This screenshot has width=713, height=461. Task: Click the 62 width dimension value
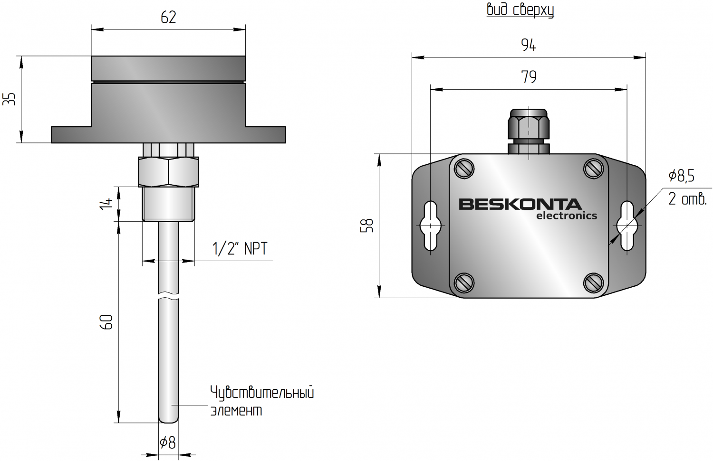pyautogui.click(x=168, y=18)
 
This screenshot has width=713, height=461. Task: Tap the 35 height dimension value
pyautogui.click(x=10, y=99)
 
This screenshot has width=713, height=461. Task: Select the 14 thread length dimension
pyautogui.click(x=108, y=203)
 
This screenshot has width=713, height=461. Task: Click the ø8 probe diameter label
pyautogui.click(x=168, y=443)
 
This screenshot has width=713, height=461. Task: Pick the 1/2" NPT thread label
pyautogui.click(x=240, y=248)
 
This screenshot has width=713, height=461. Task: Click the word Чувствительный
pyautogui.click(x=262, y=393)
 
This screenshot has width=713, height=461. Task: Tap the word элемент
pyautogui.click(x=236, y=410)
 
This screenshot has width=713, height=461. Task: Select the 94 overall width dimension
pyautogui.click(x=529, y=45)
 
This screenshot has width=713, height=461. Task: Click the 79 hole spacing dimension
pyautogui.click(x=529, y=77)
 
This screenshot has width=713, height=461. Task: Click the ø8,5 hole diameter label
pyautogui.click(x=681, y=176)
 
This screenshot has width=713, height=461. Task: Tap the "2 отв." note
pyautogui.click(x=687, y=199)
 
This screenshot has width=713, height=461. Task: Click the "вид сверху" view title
pyautogui.click(x=520, y=10)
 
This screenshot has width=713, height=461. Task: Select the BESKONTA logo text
pyautogui.click(x=520, y=204)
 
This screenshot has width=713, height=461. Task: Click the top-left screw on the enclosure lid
pyautogui.click(x=464, y=169)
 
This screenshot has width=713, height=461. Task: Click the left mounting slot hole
pyautogui.click(x=430, y=226)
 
